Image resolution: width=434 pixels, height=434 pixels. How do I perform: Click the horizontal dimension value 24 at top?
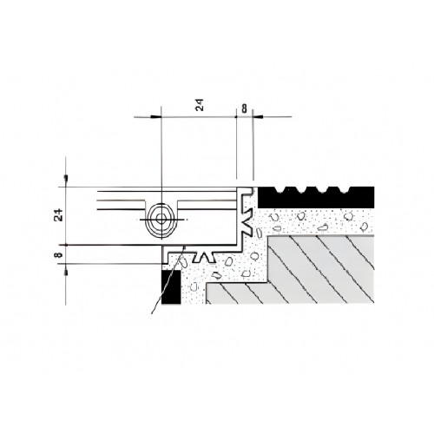[x=199, y=105]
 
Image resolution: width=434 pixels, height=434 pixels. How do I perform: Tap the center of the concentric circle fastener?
[x=161, y=220]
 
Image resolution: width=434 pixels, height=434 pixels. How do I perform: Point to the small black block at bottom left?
[x=170, y=285]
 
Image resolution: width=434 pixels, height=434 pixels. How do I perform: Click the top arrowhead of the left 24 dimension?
[x=66, y=181]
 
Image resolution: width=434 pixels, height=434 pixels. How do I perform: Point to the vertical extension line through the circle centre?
[x=161, y=156]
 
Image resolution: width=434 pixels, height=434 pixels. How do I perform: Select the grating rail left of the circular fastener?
[x=122, y=205]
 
